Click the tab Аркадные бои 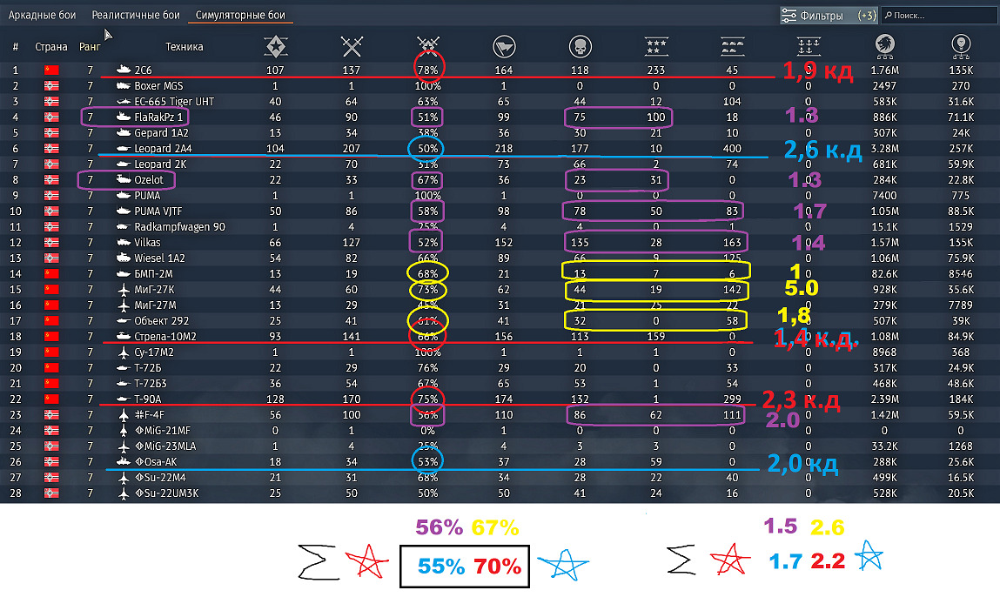pyautogui.click(x=48, y=16)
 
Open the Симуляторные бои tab pyautogui.click(x=244, y=16)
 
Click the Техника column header pyautogui.click(x=184, y=47)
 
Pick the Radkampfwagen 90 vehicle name pyautogui.click(x=180, y=227)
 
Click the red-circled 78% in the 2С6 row pyautogui.click(x=427, y=70)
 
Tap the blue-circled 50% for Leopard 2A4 pyautogui.click(x=427, y=149)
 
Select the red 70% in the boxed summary pyautogui.click(x=497, y=567)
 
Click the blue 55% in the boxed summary pyautogui.click(x=440, y=567)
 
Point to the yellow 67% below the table pyautogui.click(x=494, y=528)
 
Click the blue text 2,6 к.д pyautogui.click(x=822, y=151)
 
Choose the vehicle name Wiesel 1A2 pyautogui.click(x=160, y=258)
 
